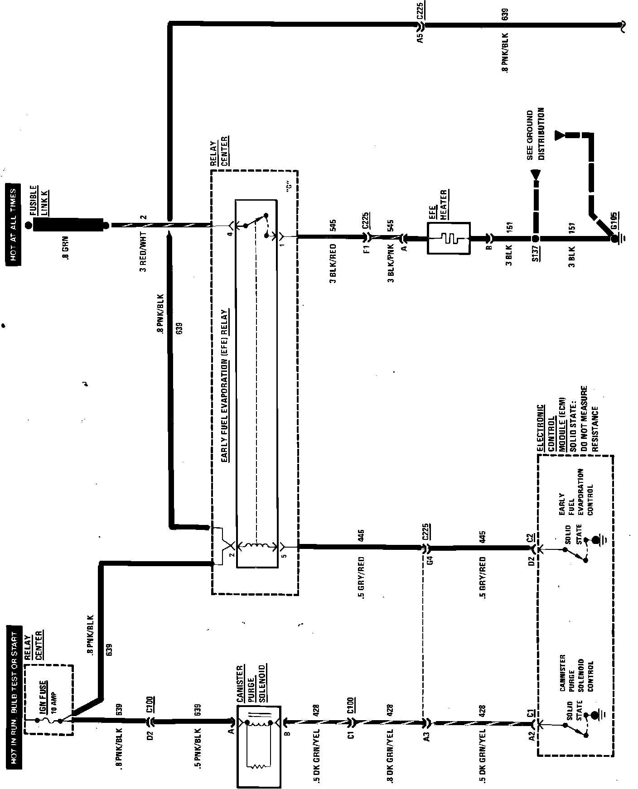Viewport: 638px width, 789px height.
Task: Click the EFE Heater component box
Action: [449, 237]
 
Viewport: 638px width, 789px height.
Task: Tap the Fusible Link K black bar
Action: [68, 224]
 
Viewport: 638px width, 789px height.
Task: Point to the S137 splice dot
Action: [535, 238]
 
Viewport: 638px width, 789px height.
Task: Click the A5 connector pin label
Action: [420, 38]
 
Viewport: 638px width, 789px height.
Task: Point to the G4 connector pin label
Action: [430, 559]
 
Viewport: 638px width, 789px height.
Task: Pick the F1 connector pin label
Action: [367, 249]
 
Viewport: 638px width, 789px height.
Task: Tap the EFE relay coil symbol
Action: [256, 546]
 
